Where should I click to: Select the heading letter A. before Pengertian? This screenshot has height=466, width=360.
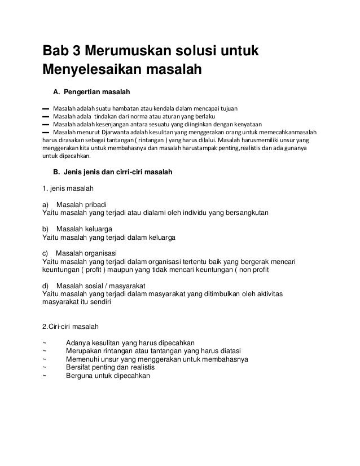pos(56,91)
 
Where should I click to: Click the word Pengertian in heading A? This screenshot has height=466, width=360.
pos(86,91)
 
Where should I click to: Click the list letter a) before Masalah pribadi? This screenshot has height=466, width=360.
pos(46,204)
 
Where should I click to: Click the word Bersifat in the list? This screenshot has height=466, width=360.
pos(80,367)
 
